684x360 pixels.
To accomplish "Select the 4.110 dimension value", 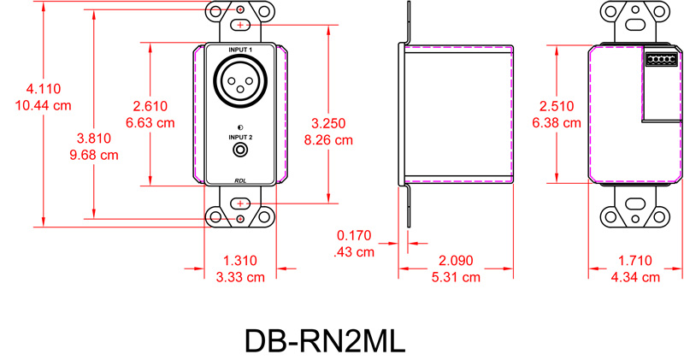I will click(43, 89).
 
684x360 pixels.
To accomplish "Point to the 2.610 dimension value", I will click(150, 106).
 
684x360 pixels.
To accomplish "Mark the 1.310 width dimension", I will click(239, 260).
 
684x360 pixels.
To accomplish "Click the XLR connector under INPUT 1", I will click(240, 82).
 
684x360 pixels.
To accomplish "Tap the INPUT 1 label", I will click(241, 51).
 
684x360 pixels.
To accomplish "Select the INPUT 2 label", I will click(241, 137).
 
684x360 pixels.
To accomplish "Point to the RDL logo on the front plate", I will click(241, 179).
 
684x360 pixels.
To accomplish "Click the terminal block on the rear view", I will click(660, 60).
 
